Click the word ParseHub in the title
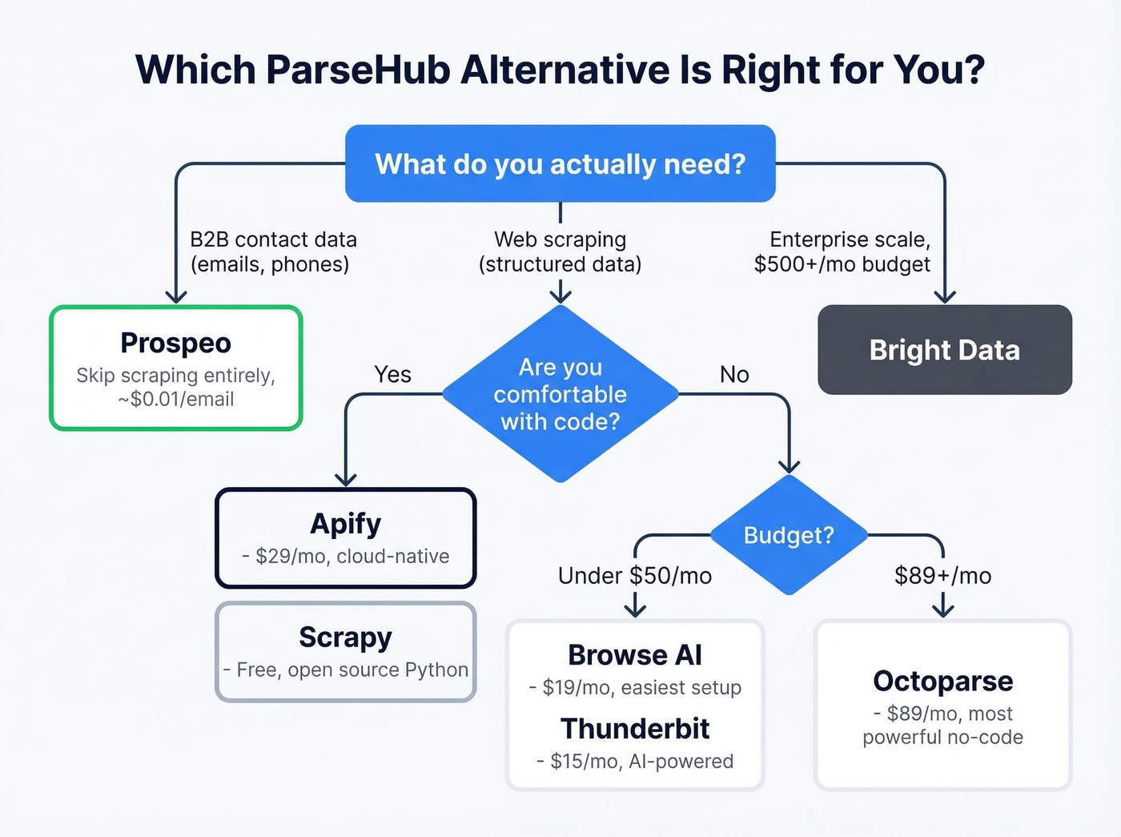tap(358, 70)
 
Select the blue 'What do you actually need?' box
tap(560, 164)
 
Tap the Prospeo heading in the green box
tap(175, 343)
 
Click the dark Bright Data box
tap(944, 350)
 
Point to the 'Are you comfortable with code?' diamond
tap(560, 394)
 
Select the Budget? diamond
tap(789, 535)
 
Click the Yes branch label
tap(392, 374)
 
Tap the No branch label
tap(734, 374)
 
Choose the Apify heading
tap(345, 524)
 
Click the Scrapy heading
tap(345, 638)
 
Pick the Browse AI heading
tap(635, 655)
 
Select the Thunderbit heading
tap(635, 729)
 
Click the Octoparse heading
tap(942, 681)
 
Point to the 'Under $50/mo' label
tap(635, 576)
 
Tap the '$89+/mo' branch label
tap(942, 576)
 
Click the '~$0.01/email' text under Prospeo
tap(176, 399)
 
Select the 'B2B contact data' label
tap(273, 239)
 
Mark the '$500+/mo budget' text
tap(842, 264)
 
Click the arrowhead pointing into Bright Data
tap(945, 296)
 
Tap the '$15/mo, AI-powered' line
tap(635, 761)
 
